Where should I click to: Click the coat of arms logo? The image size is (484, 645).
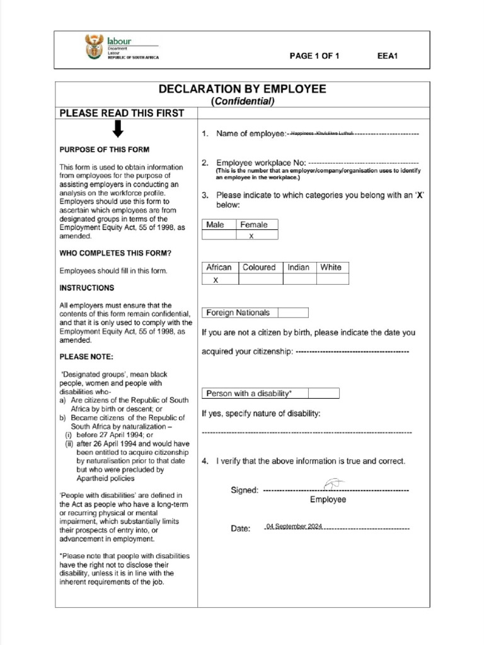point(93,47)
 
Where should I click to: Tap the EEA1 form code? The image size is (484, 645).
point(387,56)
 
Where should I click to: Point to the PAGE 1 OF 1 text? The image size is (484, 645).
point(314,56)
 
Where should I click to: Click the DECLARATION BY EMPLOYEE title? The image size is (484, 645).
point(243,89)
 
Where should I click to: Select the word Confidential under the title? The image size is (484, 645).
point(243,101)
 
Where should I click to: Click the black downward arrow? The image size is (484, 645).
point(117,130)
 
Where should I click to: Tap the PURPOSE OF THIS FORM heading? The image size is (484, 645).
point(105,149)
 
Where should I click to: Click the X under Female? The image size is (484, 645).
point(251,236)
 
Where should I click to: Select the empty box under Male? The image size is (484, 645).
point(219,236)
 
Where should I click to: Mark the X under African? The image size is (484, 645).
point(216,280)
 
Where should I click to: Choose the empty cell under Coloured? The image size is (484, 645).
point(260,279)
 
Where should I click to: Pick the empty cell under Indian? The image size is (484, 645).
point(299,279)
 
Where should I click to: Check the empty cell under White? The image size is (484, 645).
point(332,279)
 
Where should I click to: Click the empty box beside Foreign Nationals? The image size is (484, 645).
point(293,312)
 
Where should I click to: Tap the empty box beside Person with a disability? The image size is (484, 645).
point(324,393)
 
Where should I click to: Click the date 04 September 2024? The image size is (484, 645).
point(294,526)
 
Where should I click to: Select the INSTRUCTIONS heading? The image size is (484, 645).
point(87,288)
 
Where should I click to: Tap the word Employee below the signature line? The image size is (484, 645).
point(328,499)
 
